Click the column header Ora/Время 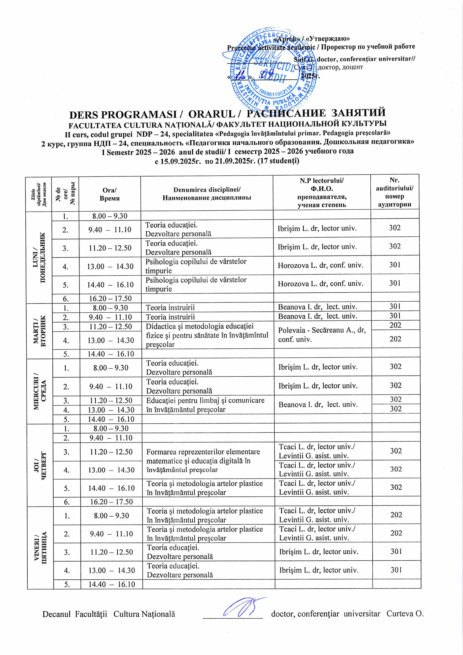110,194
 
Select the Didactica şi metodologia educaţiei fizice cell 207,335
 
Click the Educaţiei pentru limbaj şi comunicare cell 205,405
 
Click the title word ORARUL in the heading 211,114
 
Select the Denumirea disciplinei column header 207,194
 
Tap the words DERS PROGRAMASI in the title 123,115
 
